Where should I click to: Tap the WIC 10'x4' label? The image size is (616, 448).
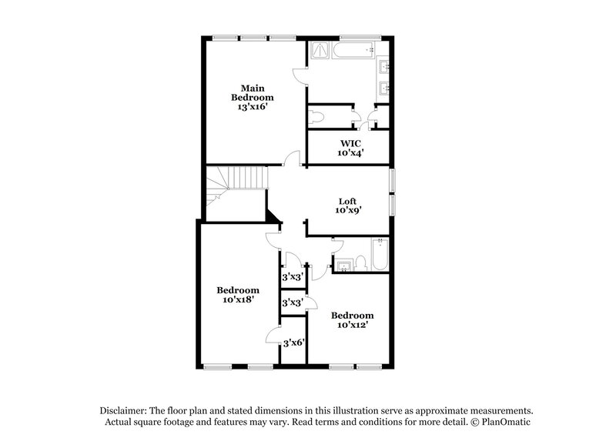point(351,148)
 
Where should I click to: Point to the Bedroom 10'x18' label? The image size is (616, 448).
point(237,295)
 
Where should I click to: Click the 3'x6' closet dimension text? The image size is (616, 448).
point(292,343)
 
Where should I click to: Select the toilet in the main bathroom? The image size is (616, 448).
point(316,118)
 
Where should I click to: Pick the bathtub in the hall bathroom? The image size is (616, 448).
point(380,255)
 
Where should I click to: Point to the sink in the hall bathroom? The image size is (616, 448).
point(343,266)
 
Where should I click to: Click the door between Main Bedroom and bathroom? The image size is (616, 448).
point(300,77)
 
